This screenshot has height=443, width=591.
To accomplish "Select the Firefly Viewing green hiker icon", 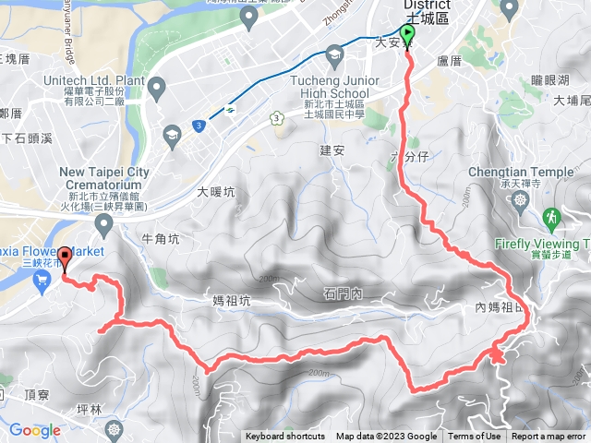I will point(551,217).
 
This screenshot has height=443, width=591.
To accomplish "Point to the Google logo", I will point(34,430).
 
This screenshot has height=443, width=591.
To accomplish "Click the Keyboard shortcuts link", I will point(284,437).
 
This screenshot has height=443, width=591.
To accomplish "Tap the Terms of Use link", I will point(475,437).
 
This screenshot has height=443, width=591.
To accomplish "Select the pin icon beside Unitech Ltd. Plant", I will point(156,88).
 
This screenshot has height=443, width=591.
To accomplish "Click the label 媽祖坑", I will point(231,300).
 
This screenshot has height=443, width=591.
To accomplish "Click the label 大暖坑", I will point(216,193).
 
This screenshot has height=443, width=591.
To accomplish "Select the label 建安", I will point(332,150).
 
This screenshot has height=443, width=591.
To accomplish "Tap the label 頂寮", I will point(37,394).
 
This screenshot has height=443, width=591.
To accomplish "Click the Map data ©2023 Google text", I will point(386,437).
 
